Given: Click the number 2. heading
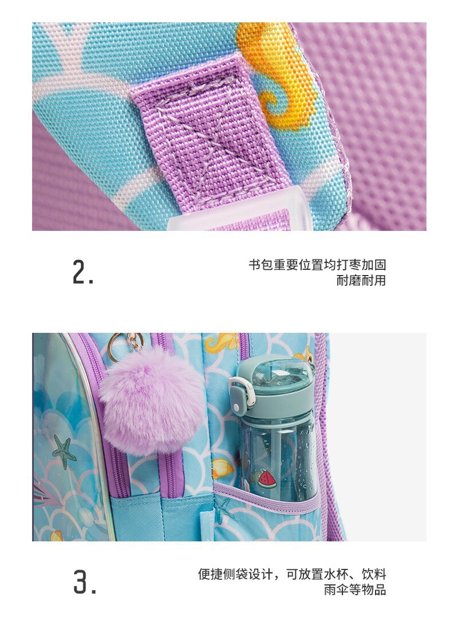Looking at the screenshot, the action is click(x=83, y=273).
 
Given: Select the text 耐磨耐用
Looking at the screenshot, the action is click(x=361, y=280).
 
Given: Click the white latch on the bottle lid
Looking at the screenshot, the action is click(x=239, y=394).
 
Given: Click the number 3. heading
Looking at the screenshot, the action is click(x=85, y=582).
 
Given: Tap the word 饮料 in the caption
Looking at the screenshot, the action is click(x=374, y=574).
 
